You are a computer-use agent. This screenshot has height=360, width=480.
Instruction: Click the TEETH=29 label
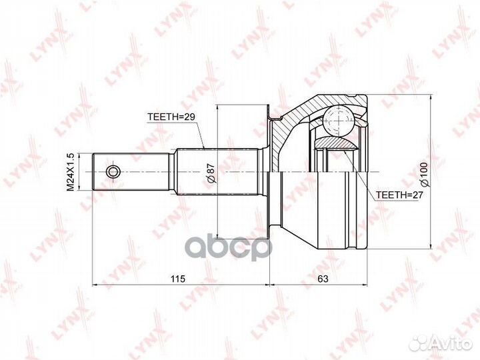pos(171,117)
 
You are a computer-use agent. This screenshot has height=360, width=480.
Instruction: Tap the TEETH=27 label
pos(399,195)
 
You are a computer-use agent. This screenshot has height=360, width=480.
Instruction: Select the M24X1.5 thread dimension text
pos(71,172)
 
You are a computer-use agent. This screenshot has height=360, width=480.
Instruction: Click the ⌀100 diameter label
pos(425,175)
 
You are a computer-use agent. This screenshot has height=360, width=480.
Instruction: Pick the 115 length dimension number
pos(178,279)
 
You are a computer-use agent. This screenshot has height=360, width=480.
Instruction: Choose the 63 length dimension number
pos(323,279)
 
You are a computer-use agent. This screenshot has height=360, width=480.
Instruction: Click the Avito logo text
pos(450,344)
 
